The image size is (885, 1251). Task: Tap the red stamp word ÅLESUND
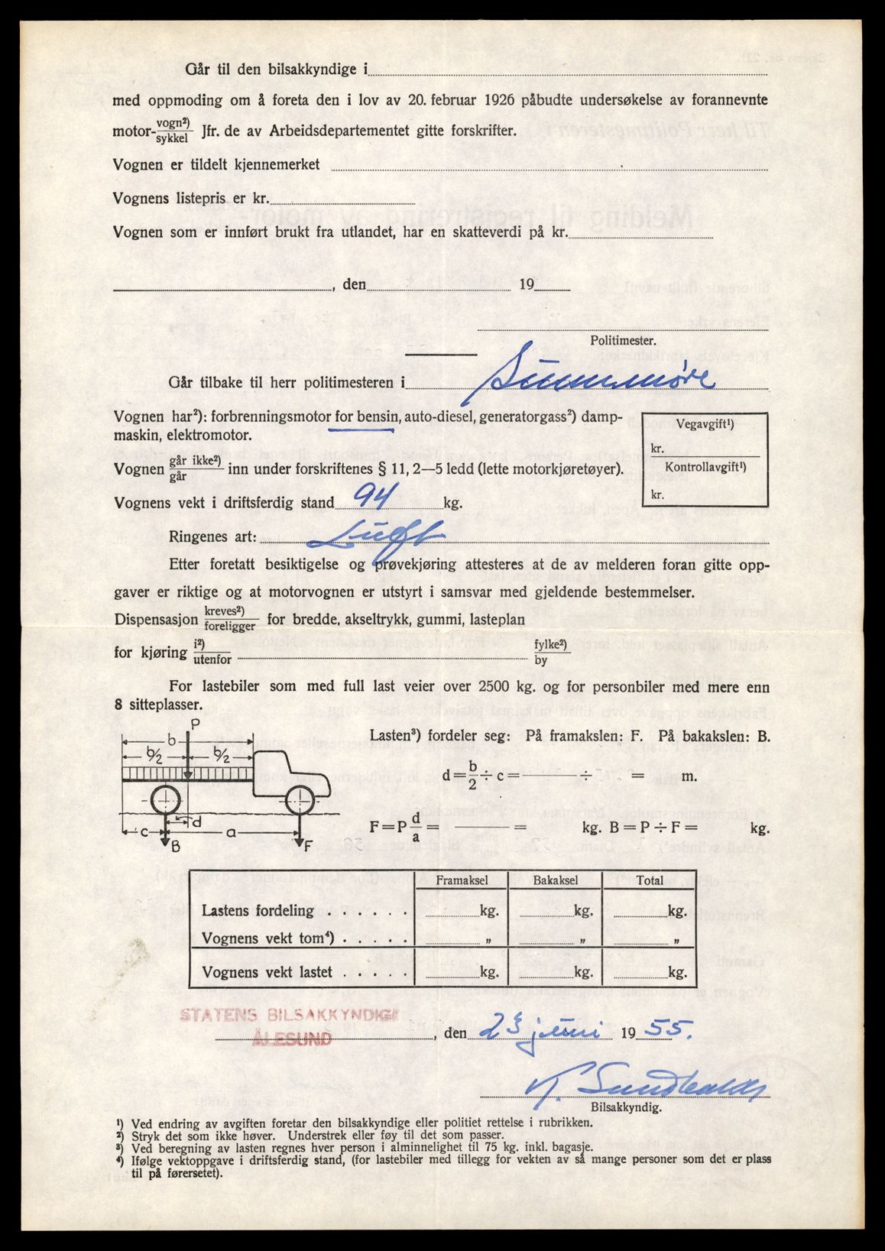pos(291,1038)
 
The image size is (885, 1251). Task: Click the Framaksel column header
pos(462,880)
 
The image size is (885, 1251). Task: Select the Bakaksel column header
pos(556,880)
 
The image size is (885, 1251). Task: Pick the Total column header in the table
pos(650,880)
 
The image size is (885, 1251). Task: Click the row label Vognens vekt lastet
pos(267,972)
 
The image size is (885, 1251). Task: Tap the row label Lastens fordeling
pos(258,910)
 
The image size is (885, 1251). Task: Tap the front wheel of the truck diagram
pos(299,803)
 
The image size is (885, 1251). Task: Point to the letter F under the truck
pos(307,845)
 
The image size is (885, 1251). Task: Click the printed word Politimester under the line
pos(622,341)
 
